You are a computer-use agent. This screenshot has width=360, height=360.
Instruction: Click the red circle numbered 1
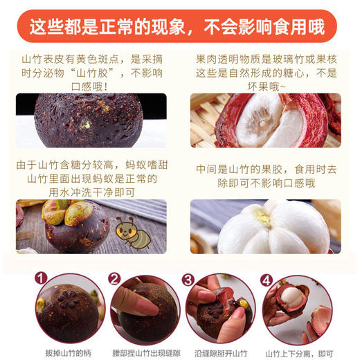click(x=42, y=280)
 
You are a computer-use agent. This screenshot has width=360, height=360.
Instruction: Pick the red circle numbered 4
click(x=266, y=280)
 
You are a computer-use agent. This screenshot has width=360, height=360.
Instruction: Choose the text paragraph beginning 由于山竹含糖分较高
click(x=91, y=178)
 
